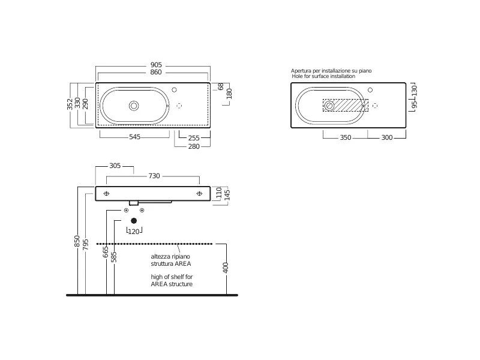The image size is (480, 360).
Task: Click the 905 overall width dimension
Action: (x=156, y=65)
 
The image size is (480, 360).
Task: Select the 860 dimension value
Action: (x=156, y=72)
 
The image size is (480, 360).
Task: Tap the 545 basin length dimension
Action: (x=134, y=137)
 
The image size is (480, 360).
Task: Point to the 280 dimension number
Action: (x=194, y=146)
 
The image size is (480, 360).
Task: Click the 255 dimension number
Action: (x=194, y=138)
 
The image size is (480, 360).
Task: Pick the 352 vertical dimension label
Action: (x=70, y=104)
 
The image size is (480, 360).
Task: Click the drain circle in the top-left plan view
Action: (x=134, y=106)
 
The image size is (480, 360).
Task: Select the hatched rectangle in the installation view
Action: (x=346, y=106)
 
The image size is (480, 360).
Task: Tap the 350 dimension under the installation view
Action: (x=346, y=138)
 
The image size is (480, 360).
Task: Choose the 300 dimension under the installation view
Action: (x=387, y=138)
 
